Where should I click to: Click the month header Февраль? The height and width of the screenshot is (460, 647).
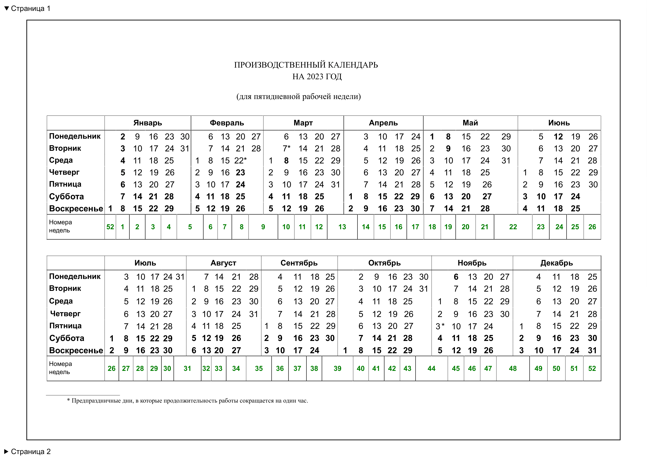227,123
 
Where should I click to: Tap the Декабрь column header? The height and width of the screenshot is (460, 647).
556,263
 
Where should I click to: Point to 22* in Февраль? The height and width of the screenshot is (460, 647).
240,161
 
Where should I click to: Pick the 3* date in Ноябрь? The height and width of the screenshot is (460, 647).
440,326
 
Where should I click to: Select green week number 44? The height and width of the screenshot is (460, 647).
431,368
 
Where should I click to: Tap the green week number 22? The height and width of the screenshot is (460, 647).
513,227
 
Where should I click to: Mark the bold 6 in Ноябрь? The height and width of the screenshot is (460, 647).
456,277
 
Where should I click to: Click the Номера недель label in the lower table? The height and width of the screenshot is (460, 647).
60,368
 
